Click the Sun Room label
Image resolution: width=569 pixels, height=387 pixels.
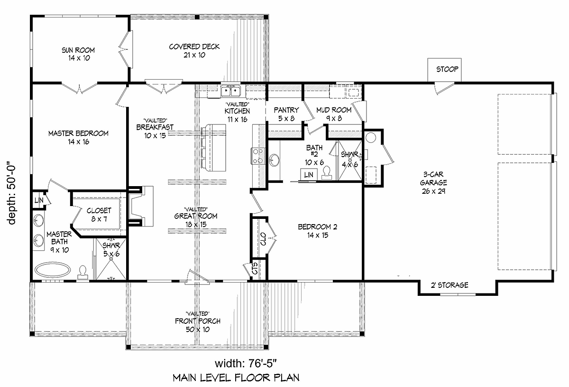78,54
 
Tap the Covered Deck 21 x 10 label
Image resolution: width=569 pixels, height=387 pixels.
194,50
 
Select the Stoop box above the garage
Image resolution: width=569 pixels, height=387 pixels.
447,69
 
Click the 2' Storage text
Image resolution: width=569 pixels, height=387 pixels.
449,285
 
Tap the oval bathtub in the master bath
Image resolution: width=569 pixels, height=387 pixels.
53,271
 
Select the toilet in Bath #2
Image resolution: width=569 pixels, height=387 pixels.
327,174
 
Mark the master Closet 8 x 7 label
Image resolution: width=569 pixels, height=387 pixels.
99,214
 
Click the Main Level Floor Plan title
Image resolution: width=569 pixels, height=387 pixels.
236,378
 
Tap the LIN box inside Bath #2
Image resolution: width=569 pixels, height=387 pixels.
309,175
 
